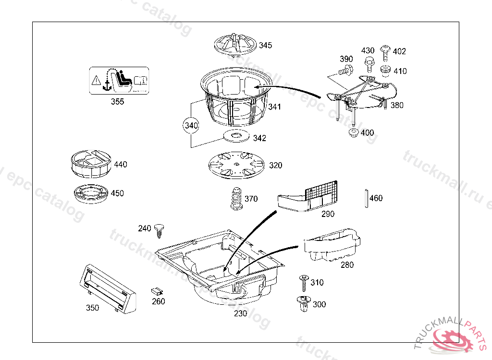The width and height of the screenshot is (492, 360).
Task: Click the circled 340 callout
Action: pyautogui.click(x=191, y=126)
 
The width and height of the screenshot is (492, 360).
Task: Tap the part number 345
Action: pyautogui.click(x=265, y=46)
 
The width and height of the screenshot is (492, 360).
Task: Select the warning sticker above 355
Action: pyautogui.click(x=119, y=81)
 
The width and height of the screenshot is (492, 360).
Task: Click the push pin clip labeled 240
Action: pyautogui.click(x=160, y=230)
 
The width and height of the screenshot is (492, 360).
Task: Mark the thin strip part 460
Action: pyautogui.click(x=366, y=198)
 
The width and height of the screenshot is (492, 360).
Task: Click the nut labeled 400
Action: pyautogui.click(x=353, y=132)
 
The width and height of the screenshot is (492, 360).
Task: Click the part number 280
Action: pyautogui.click(x=347, y=264)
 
